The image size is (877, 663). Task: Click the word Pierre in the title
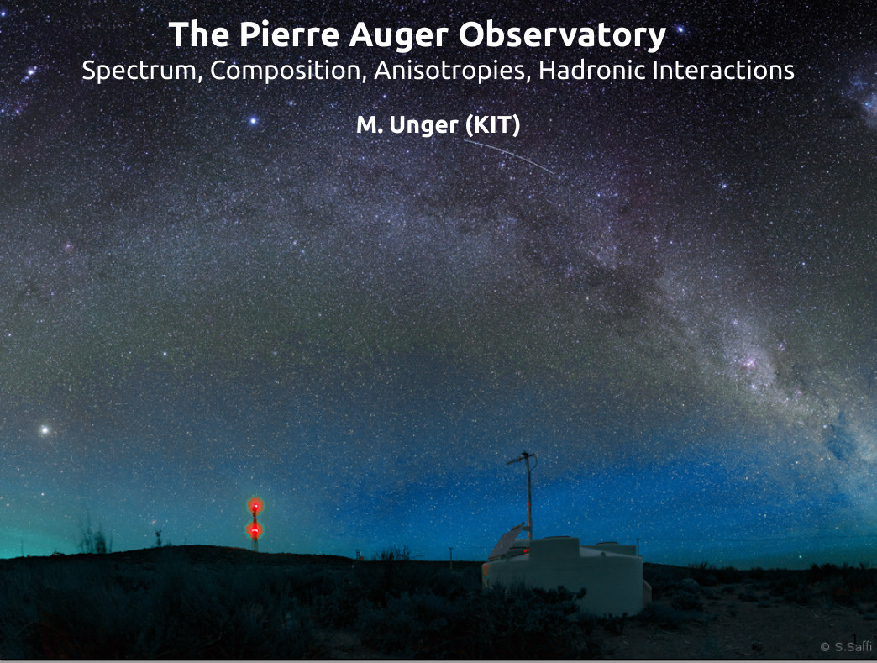(x=290, y=34)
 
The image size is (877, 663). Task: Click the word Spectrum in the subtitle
(x=142, y=71)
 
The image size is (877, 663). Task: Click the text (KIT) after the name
(x=493, y=125)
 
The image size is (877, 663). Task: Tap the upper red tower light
(x=255, y=506)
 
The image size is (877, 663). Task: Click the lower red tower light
(x=255, y=529)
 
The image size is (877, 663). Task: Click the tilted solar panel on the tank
(x=508, y=542)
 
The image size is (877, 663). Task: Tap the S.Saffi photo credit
(x=846, y=647)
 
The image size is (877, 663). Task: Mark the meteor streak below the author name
(x=509, y=156)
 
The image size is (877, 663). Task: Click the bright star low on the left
(x=45, y=430)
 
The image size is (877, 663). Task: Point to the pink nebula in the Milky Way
(x=748, y=364)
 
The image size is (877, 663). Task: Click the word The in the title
(x=199, y=34)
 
